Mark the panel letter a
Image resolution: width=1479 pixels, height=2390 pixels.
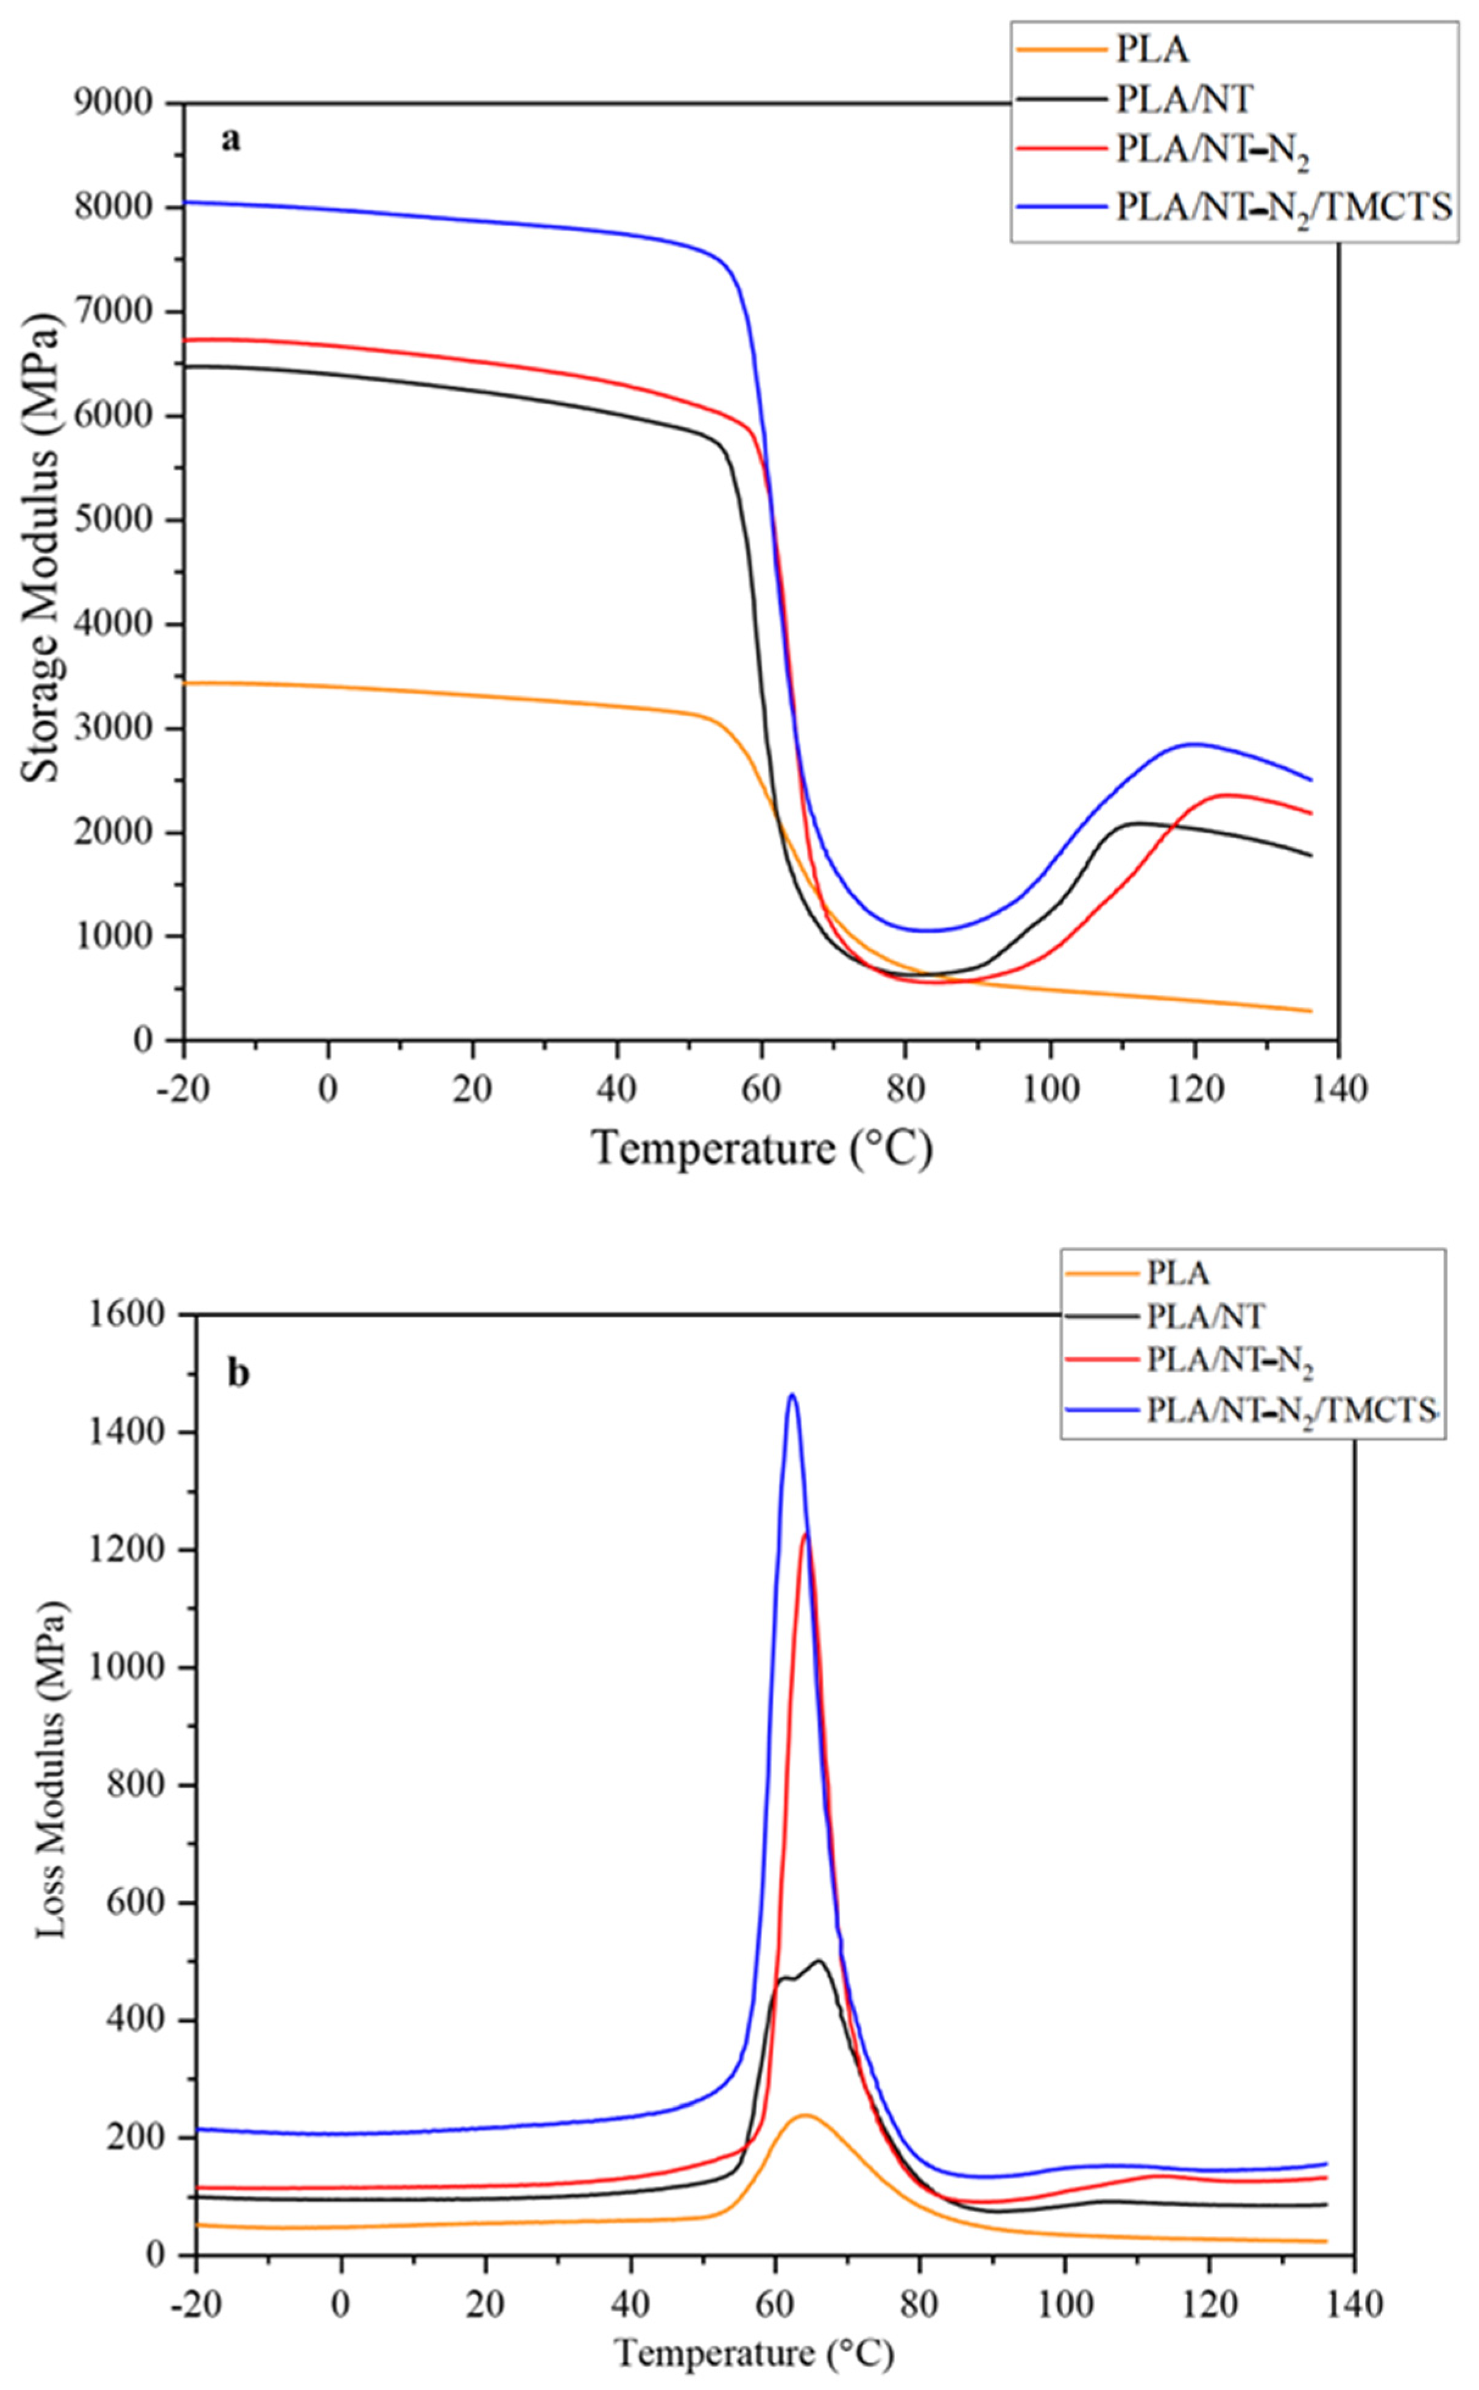coord(230,140)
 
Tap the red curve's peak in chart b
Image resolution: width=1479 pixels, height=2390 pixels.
coord(806,1534)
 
